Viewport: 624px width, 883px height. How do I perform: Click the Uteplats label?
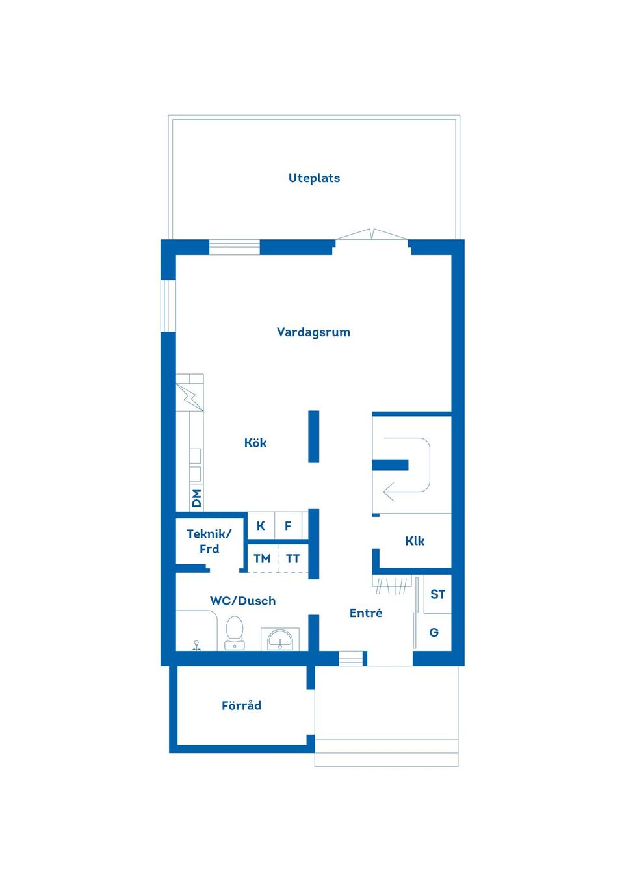(314, 178)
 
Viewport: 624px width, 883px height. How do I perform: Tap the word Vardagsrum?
(313, 332)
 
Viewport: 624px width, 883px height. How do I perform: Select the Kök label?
(255, 443)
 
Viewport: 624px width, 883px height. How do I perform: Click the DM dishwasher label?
(196, 498)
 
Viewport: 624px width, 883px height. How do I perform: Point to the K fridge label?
(261, 526)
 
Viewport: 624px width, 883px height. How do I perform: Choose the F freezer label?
(288, 526)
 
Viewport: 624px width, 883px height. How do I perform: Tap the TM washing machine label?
(263, 559)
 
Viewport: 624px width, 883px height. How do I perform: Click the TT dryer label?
(292, 559)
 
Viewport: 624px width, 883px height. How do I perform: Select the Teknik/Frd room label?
(209, 541)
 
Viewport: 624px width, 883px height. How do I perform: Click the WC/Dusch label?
(242, 601)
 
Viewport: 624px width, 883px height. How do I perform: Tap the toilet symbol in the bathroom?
(235, 633)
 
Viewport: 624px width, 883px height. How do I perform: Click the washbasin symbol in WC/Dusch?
(280, 639)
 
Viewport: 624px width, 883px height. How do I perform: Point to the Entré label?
(366, 613)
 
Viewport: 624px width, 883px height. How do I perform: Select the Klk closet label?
(415, 541)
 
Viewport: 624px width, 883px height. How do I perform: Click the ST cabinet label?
(437, 594)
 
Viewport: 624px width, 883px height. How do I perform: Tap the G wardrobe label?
(434, 632)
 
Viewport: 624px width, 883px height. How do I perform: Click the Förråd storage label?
(242, 705)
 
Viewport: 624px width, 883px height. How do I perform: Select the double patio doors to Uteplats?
(372, 234)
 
